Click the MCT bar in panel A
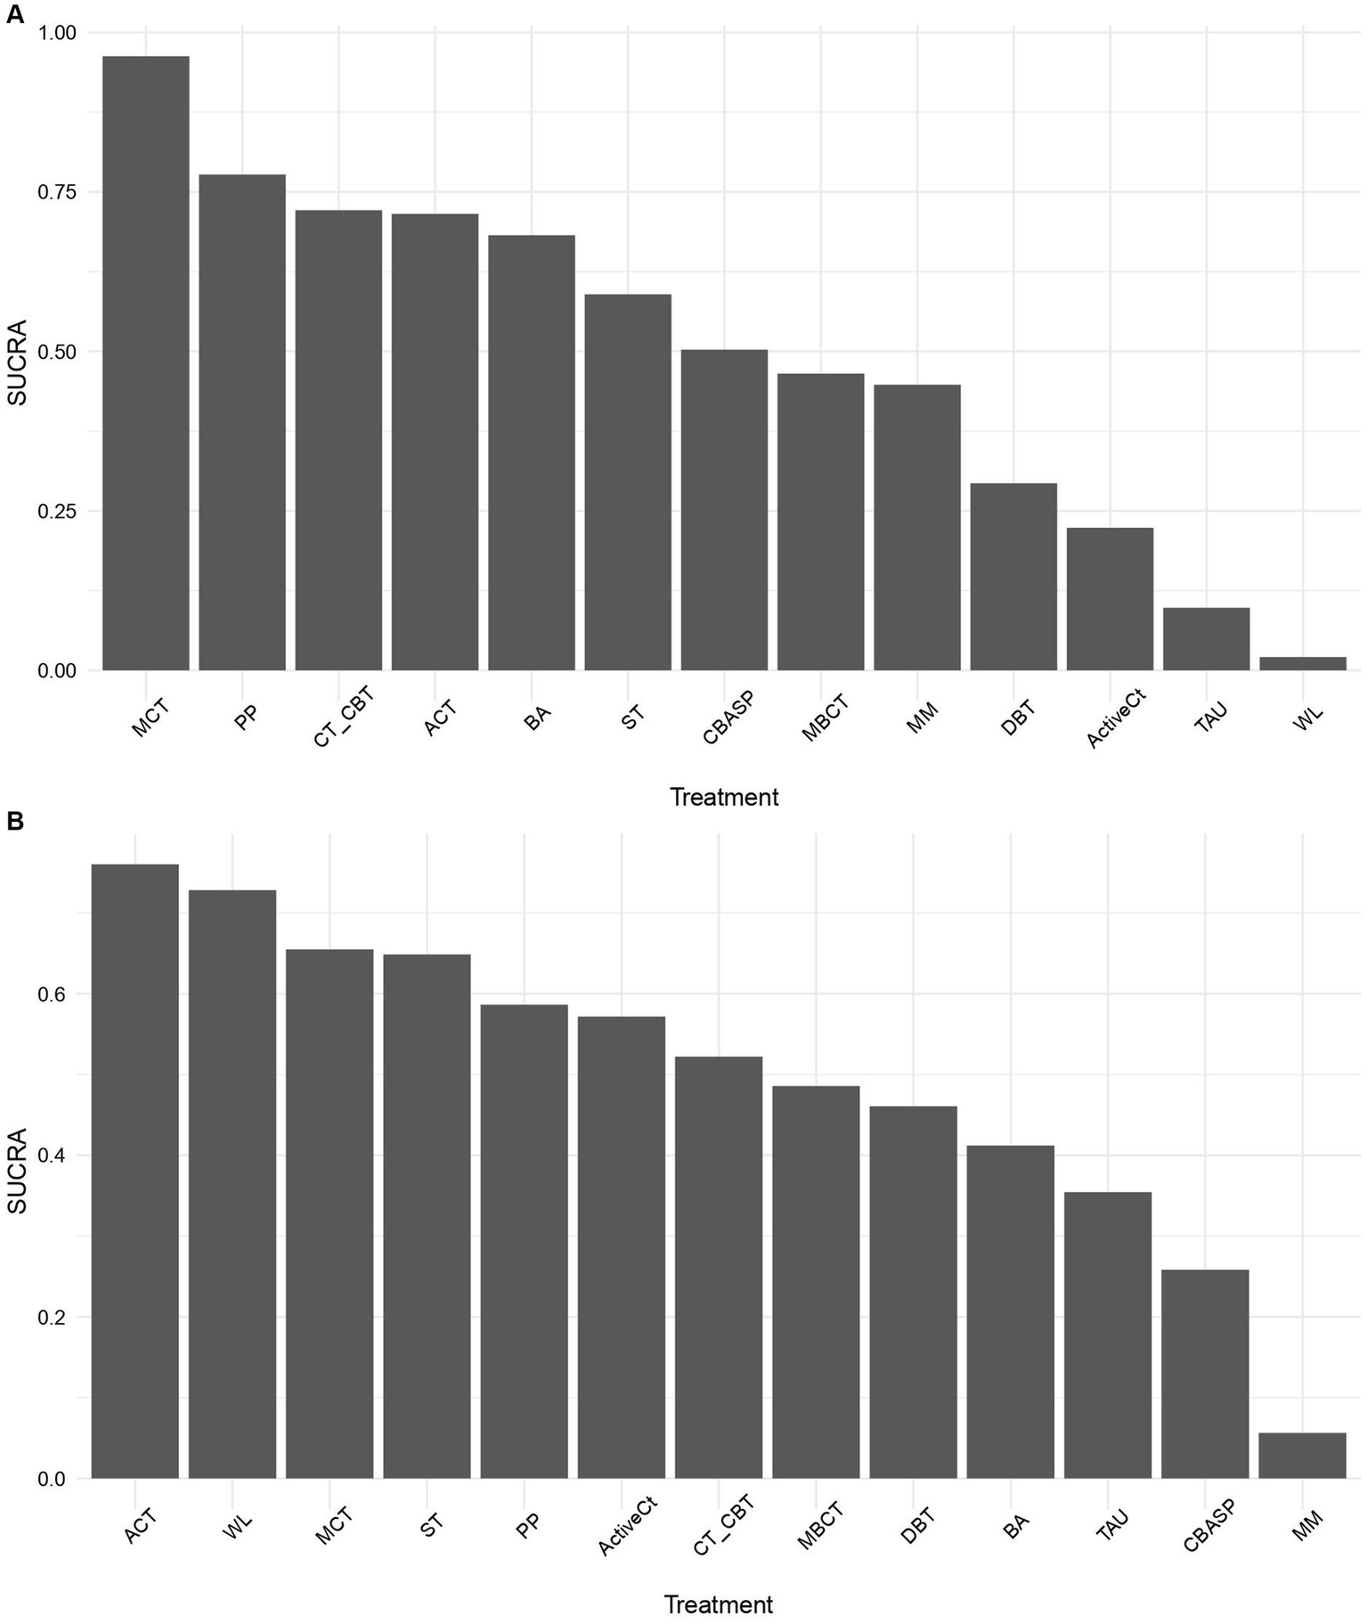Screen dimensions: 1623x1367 tap(146, 363)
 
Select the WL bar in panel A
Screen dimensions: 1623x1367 tap(1303, 663)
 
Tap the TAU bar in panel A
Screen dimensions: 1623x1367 tap(1207, 639)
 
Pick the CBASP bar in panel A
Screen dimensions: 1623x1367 tap(724, 510)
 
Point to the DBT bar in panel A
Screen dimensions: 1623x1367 tap(1013, 577)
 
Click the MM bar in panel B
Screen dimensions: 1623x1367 tap(1303, 1456)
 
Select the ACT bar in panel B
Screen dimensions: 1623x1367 tap(135, 1172)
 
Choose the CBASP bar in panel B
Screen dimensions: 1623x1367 tap(1205, 1375)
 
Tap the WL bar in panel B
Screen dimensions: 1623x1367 tap(232, 1184)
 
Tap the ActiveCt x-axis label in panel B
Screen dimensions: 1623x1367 tap(628, 1528)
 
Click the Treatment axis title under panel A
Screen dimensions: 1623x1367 tap(724, 798)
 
